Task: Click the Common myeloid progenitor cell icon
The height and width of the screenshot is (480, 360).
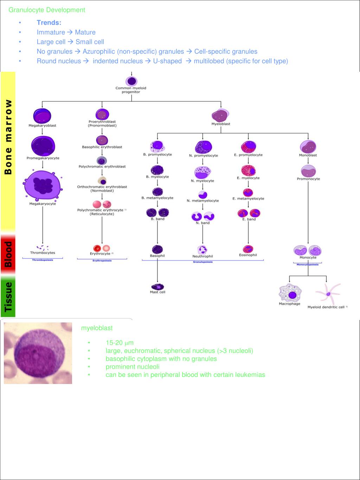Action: point(131,81)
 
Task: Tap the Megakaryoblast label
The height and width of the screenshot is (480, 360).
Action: point(42,126)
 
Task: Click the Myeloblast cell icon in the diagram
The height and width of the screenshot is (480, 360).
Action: point(221,115)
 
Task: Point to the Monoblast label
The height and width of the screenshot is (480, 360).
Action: point(308,155)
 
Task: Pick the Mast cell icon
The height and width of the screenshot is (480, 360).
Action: point(157,286)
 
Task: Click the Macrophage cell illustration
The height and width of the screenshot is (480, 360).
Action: point(290,292)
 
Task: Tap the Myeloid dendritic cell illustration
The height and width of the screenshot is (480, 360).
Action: point(328,294)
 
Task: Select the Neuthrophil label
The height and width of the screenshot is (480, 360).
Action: point(202,256)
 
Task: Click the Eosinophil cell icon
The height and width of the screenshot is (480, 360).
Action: point(248,249)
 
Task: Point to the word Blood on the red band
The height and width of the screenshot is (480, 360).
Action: point(8,254)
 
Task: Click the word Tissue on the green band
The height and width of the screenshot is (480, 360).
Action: point(8,296)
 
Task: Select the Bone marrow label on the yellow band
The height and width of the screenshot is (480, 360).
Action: point(8,137)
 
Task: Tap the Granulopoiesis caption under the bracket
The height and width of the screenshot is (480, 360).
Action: point(203,262)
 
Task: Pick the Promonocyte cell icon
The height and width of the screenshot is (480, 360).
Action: point(308,171)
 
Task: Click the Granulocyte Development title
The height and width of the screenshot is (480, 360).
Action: point(47,10)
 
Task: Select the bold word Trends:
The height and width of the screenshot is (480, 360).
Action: point(49,23)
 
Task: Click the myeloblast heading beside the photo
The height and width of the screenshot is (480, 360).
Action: point(97,328)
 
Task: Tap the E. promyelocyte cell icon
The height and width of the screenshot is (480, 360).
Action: point(249,146)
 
